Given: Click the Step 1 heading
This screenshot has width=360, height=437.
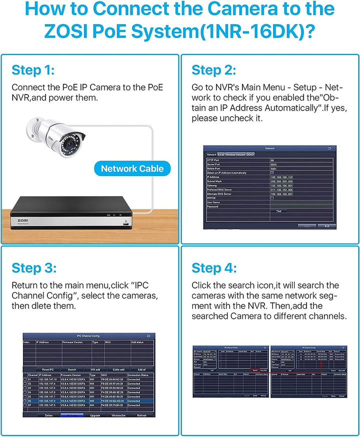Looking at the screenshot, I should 33,69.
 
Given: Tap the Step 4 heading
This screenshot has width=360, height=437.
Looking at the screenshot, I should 214,268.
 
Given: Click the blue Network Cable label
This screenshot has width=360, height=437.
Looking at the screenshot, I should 132,168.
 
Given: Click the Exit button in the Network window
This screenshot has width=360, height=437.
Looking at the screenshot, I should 326,226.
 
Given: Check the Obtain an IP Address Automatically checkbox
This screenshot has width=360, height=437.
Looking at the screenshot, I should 272,172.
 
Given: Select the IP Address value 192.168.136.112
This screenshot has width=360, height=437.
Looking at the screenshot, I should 281,177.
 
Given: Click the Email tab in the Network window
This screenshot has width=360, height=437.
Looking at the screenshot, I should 221,154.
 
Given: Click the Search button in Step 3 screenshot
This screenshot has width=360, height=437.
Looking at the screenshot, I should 72,369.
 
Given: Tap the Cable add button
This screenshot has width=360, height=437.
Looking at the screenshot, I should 118,369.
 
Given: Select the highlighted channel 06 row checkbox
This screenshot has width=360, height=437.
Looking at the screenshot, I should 25,400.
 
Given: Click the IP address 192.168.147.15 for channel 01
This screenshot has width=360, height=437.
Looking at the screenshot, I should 47,379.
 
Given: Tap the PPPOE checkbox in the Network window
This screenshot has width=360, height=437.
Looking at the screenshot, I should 272,198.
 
